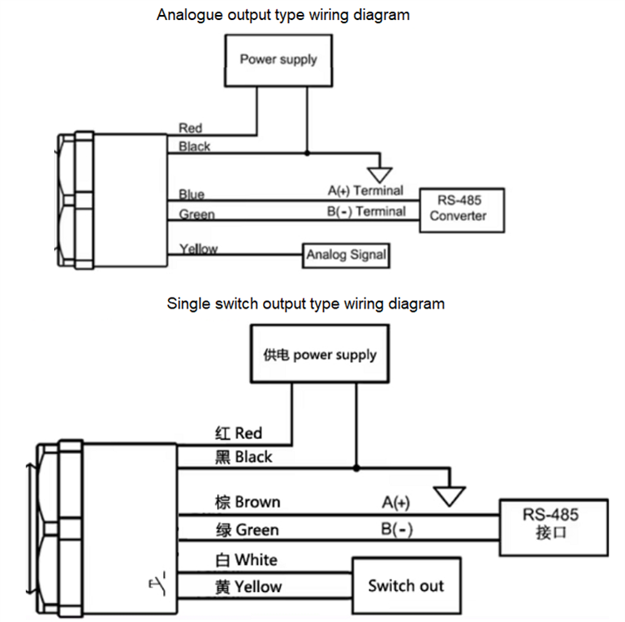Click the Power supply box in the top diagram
click(x=279, y=59)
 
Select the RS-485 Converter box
click(x=458, y=208)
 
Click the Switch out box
click(x=406, y=585)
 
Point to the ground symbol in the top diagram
click(x=380, y=173)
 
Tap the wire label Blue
click(x=191, y=195)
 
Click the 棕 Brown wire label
click(x=247, y=502)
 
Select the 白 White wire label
click(x=246, y=559)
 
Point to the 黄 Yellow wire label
click(x=248, y=586)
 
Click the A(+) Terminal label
click(x=365, y=190)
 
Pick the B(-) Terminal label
click(x=365, y=211)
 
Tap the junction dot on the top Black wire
click(x=307, y=153)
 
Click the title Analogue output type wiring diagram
click(x=283, y=15)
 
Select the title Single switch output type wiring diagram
click(x=305, y=304)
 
